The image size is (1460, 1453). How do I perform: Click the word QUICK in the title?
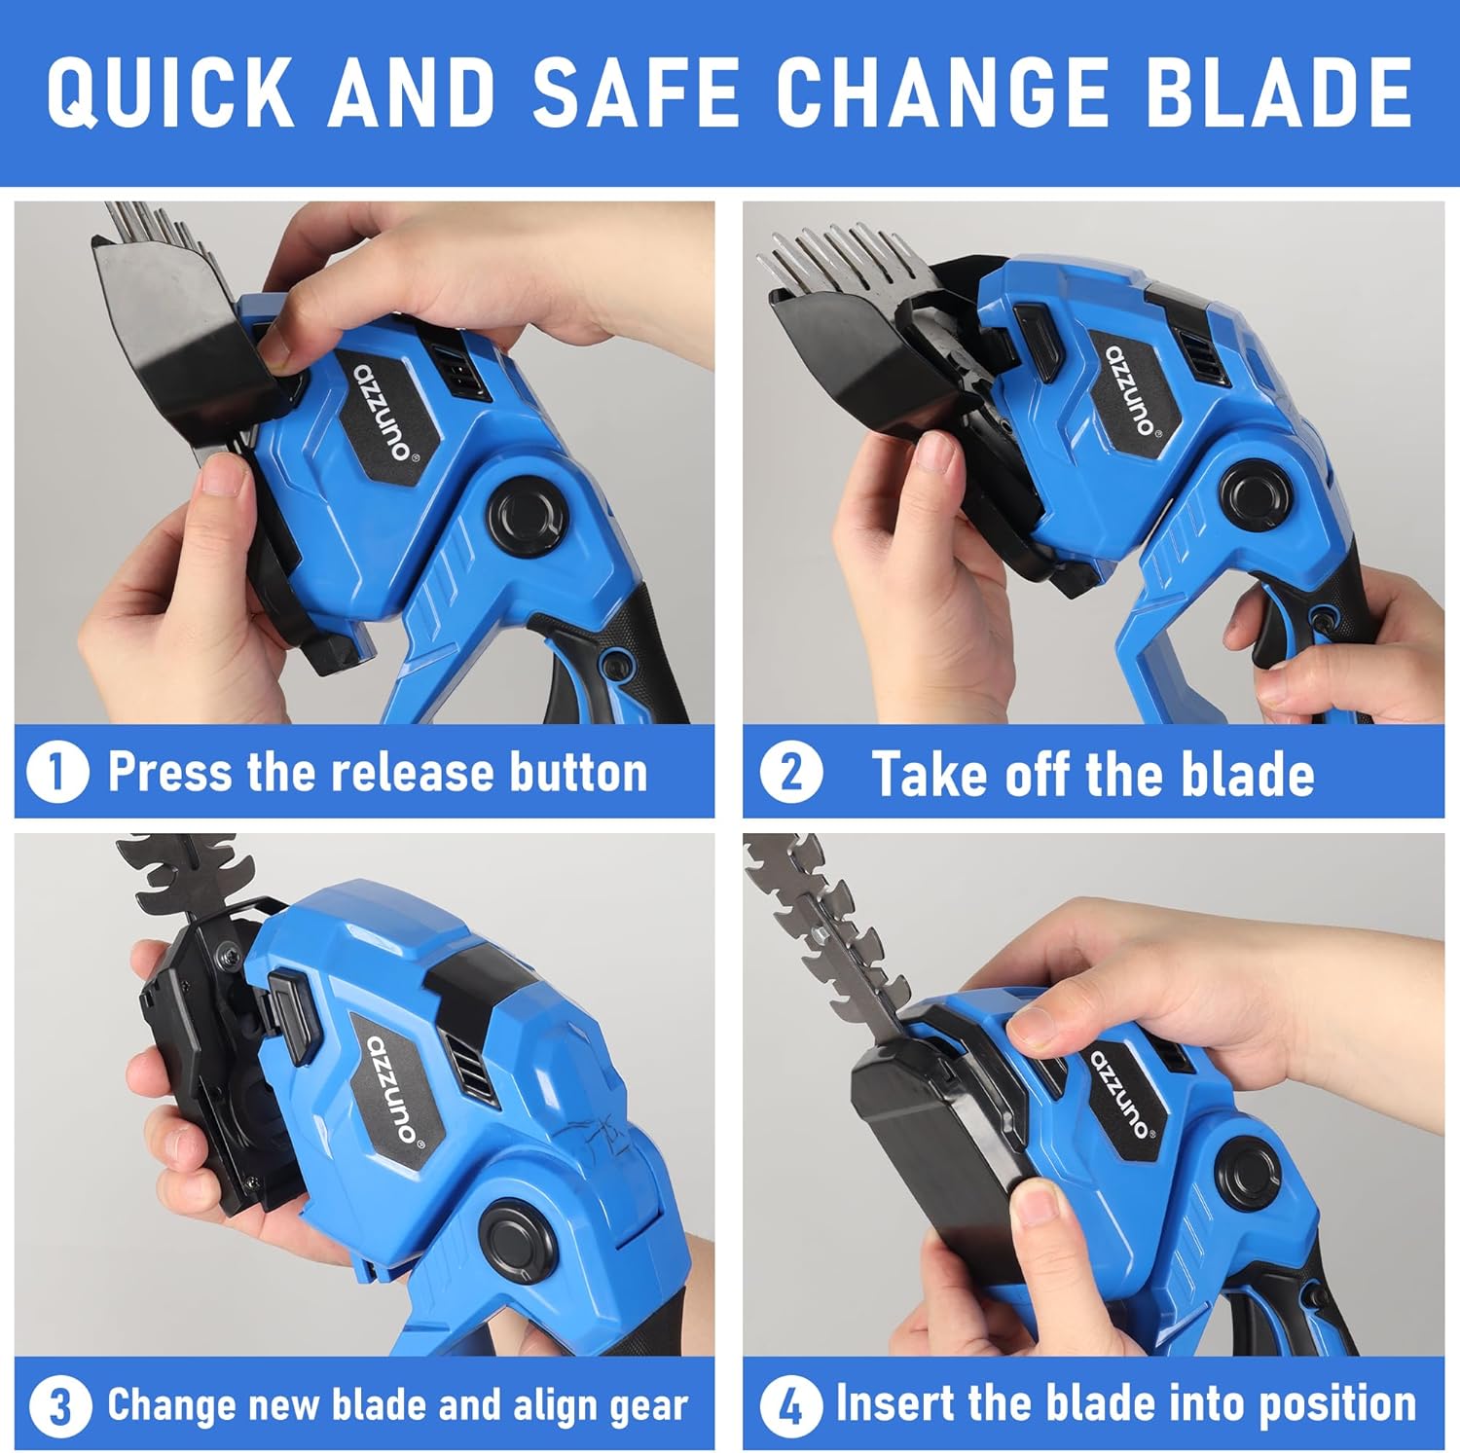[x=170, y=91]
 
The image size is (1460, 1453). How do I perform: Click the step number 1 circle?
[x=56, y=773]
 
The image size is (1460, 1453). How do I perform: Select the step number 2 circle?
[x=790, y=773]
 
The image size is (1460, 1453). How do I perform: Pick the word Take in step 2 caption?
[x=931, y=774]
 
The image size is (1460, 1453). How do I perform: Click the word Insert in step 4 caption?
[x=895, y=1403]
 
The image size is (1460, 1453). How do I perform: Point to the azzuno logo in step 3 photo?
[x=394, y=1095]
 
